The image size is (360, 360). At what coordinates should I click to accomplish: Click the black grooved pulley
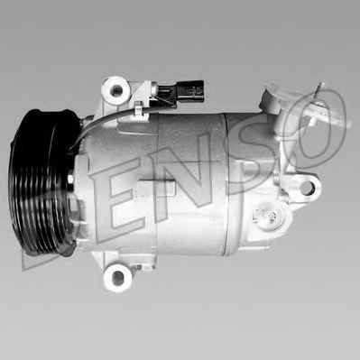pos(42,183)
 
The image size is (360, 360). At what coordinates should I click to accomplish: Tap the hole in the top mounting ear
pos(115,88)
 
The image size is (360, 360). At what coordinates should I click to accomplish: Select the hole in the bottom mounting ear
pos(117,277)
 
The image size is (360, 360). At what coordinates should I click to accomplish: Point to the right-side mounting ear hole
pos(308,188)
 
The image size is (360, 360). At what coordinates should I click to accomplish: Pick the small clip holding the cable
pos(139,109)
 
